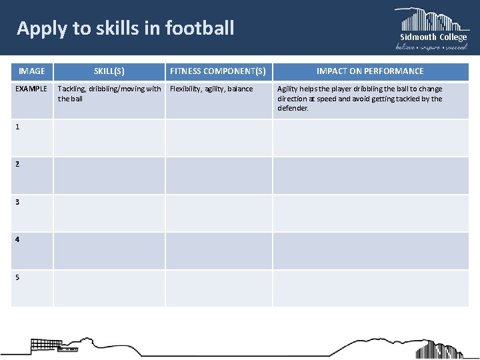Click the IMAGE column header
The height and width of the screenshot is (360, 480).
pos(32,71)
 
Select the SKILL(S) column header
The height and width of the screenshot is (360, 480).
pos(109,71)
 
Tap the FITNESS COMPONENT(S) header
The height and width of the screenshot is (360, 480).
pos(218,71)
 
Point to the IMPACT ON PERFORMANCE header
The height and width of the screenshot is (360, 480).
pos(370,71)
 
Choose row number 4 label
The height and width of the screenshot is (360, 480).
pos(17,238)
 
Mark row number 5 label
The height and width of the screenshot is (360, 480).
pos(17,275)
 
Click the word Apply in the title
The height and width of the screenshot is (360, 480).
pos(37,29)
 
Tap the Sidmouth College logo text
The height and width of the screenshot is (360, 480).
pos(433,37)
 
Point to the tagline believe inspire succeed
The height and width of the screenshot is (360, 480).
pos(432,47)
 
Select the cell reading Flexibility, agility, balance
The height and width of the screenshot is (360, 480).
pos(212,89)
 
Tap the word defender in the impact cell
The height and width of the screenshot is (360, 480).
pos(293,108)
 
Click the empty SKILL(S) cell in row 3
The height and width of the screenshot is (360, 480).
pos(109,213)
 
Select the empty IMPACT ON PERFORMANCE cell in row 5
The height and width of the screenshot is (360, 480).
pos(370,288)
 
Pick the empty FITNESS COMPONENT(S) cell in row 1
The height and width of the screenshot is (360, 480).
pos(218,138)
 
